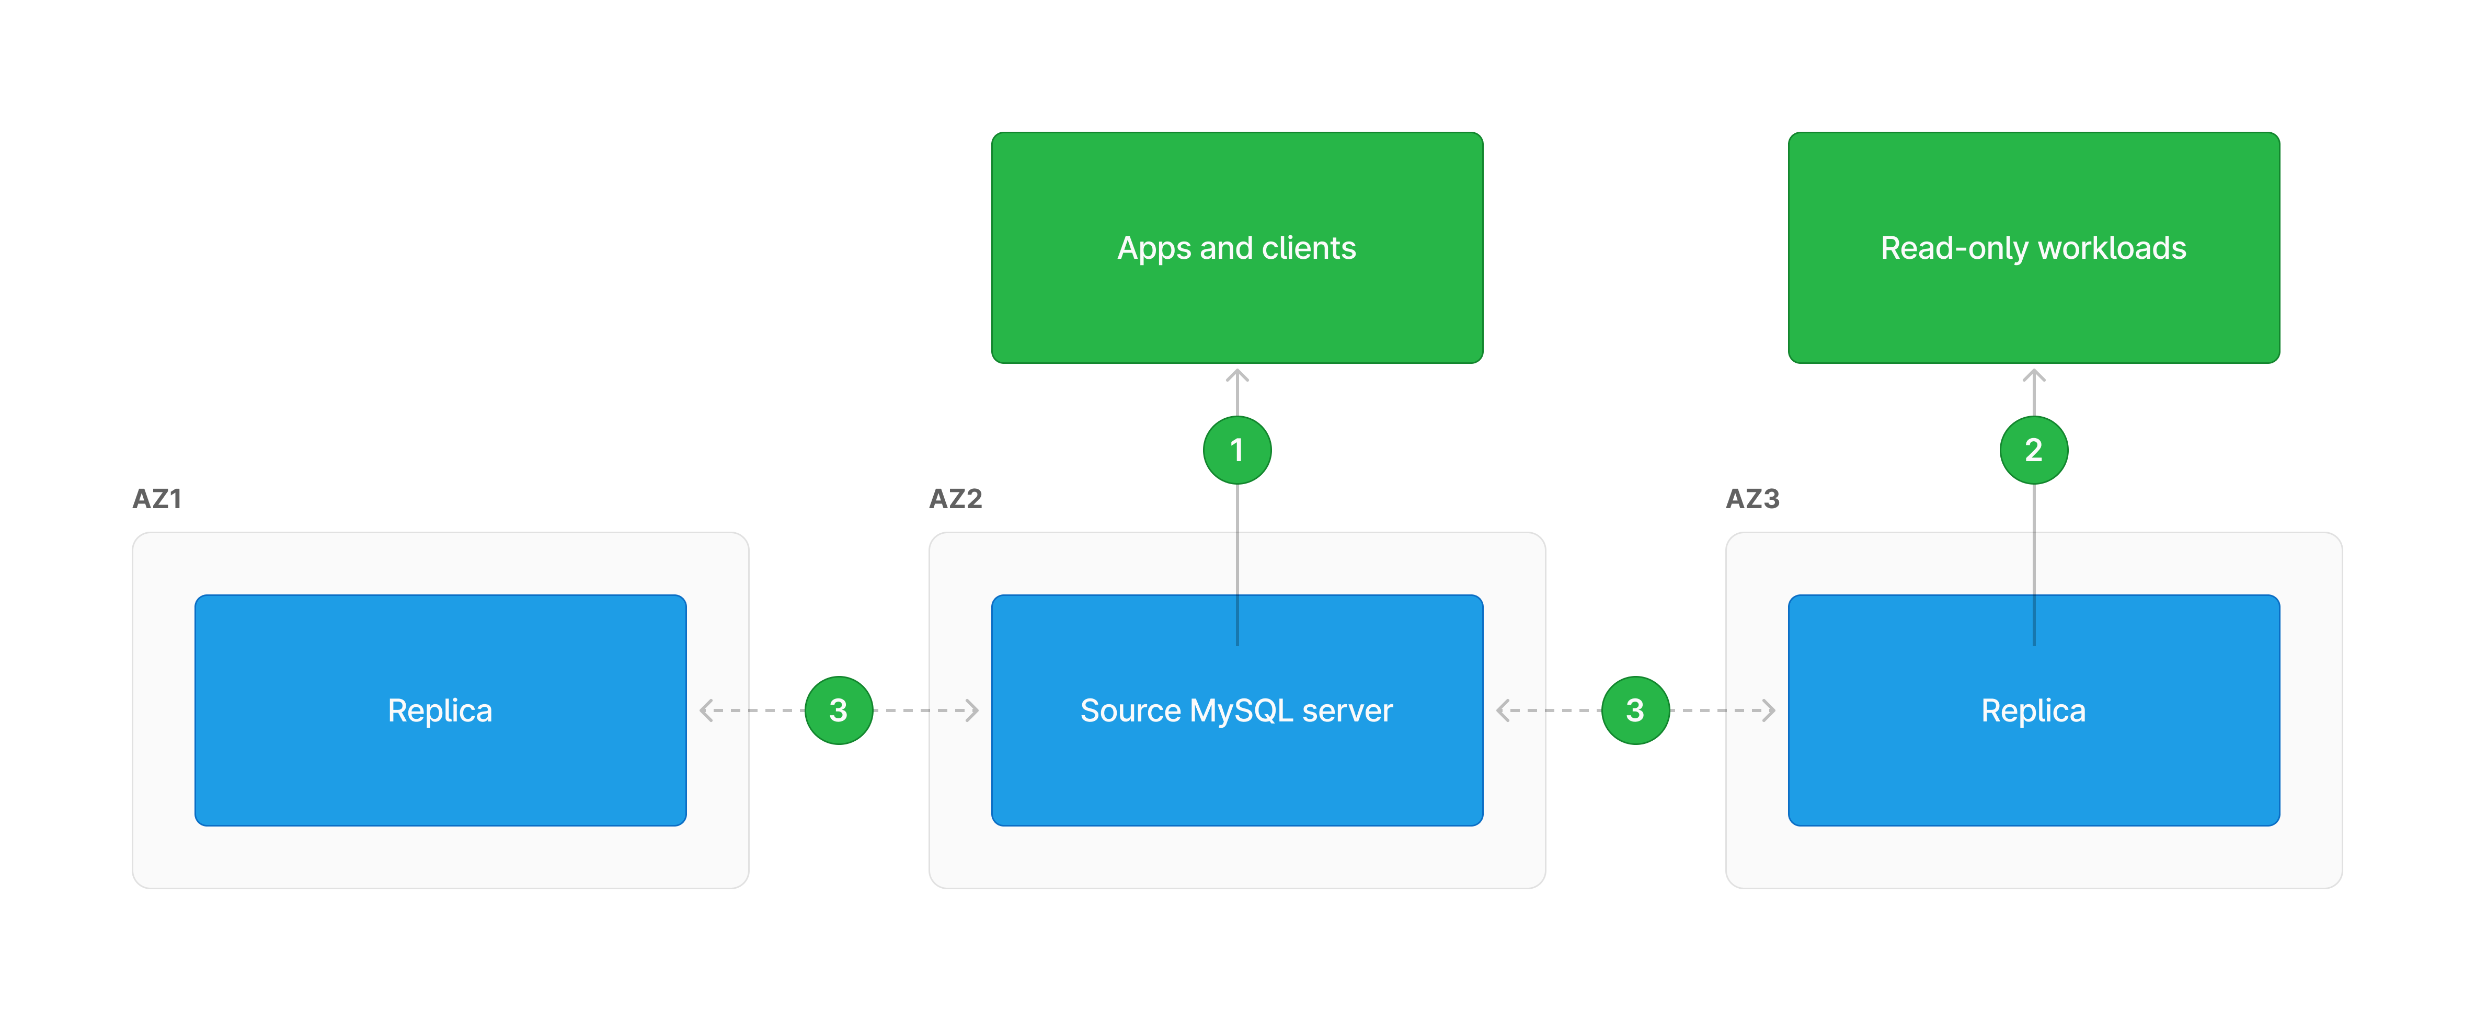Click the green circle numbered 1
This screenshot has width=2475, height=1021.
click(1236, 450)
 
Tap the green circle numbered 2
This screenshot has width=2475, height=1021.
click(2033, 450)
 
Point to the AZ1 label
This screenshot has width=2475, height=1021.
click(157, 499)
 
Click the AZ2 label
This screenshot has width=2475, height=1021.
click(955, 499)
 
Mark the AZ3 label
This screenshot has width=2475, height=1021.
click(1752, 499)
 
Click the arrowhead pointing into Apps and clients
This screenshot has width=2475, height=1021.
click(1236, 375)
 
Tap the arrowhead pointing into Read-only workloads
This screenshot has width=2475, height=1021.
click(2033, 375)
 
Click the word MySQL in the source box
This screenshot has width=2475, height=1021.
click(1241, 711)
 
